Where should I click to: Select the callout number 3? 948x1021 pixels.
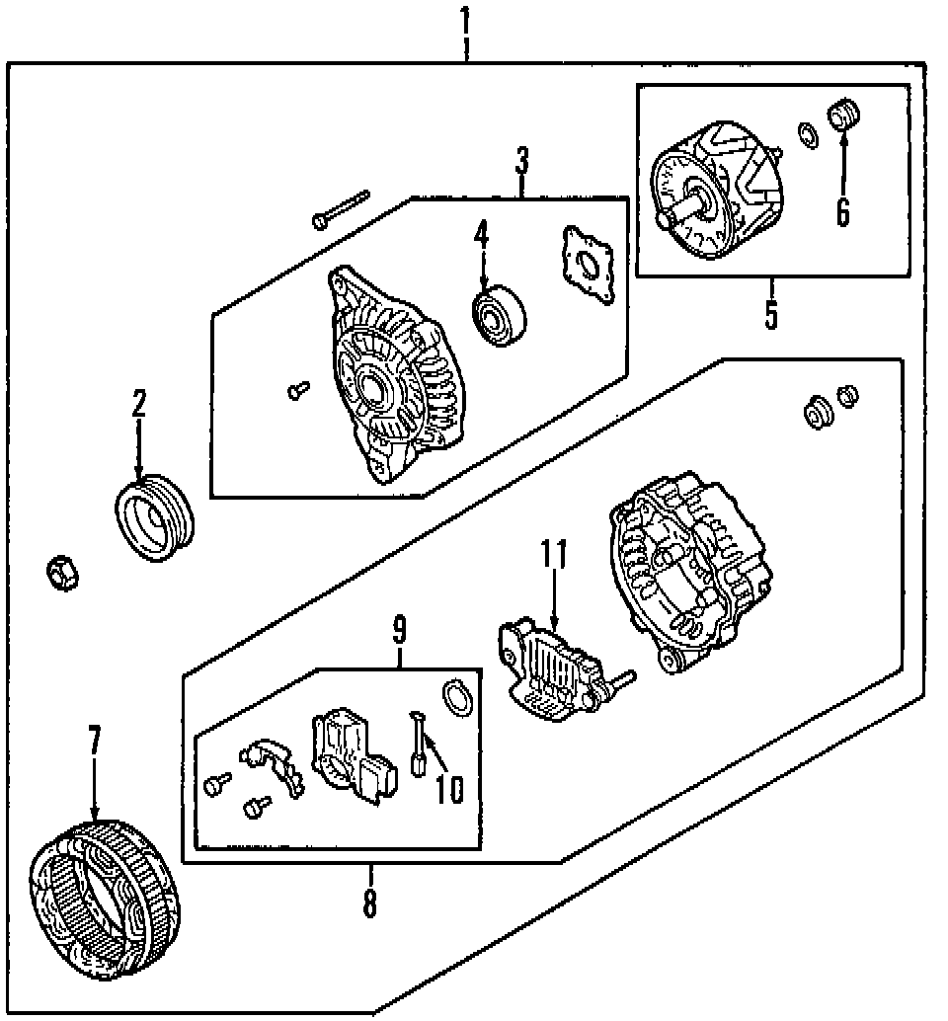pyautogui.click(x=522, y=160)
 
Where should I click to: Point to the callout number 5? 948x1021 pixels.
pyautogui.click(x=771, y=313)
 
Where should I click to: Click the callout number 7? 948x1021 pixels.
pyautogui.click(x=95, y=740)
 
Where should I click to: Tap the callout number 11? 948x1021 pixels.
pyautogui.click(x=554, y=555)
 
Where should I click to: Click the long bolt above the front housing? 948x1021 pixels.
pyautogui.click(x=340, y=209)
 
